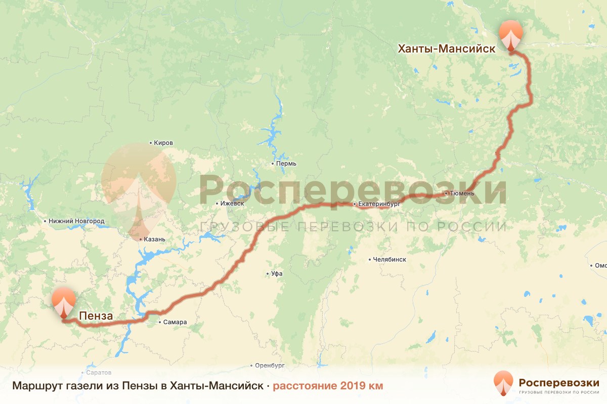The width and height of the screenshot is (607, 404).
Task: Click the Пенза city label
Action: (x=96, y=317)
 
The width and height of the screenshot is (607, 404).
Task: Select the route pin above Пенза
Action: (x=64, y=301)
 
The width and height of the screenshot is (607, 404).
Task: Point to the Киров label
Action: (x=163, y=143)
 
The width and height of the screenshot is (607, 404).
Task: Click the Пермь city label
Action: (x=286, y=164)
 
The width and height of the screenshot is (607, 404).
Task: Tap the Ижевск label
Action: (x=232, y=204)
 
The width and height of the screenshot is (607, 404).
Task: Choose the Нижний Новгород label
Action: (x=76, y=221)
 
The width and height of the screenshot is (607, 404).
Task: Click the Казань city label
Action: (x=155, y=239)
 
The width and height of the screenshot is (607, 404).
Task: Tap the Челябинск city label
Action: (x=389, y=260)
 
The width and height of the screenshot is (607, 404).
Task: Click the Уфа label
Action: (x=277, y=274)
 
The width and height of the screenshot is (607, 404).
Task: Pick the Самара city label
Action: (x=175, y=322)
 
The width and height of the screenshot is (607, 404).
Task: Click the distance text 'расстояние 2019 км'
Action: (x=328, y=386)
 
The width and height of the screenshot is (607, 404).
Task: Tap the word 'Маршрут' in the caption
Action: (x=34, y=386)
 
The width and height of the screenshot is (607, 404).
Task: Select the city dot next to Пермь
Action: (x=272, y=164)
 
